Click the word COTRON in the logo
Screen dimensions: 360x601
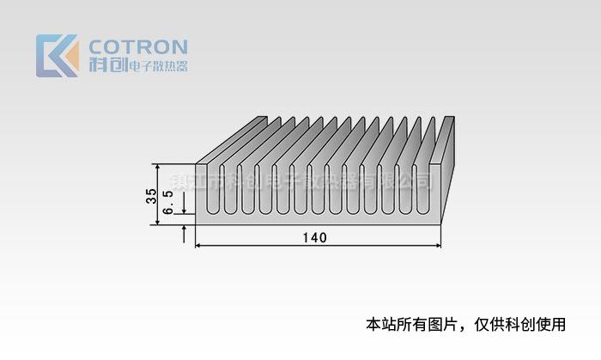(138, 46)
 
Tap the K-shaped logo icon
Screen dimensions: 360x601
(57, 55)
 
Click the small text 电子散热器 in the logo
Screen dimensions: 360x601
(157, 66)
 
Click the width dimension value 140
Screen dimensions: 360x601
(315, 238)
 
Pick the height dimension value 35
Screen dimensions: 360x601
(151, 195)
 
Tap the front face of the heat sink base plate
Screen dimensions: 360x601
(318, 220)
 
